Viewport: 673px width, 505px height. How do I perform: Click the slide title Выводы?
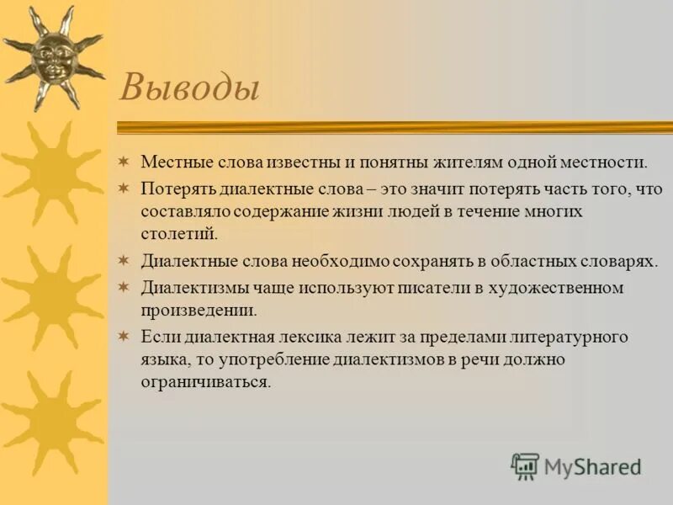(188, 87)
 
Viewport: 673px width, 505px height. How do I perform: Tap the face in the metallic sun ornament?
(52, 57)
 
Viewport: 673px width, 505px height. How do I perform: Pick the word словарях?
(619, 261)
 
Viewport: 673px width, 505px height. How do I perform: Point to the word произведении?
(198, 311)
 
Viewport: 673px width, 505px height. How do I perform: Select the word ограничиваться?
(206, 381)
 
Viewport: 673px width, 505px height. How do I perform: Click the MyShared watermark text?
(593, 465)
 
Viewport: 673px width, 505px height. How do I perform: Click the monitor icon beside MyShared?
(525, 465)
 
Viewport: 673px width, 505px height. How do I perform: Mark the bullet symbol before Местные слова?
(123, 161)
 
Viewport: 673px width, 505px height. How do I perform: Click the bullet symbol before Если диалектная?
(123, 338)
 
